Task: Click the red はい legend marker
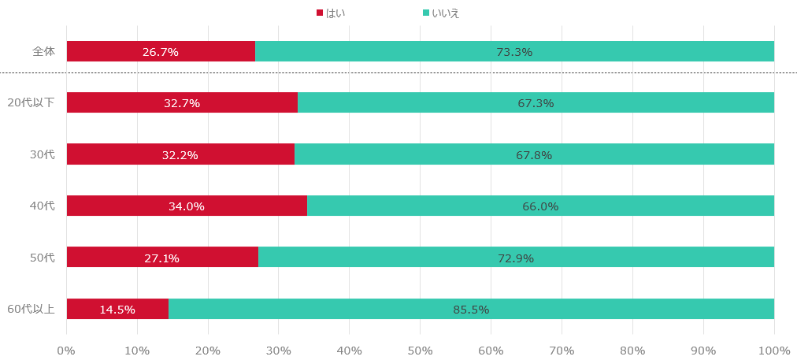(x=320, y=13)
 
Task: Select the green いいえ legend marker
(x=426, y=13)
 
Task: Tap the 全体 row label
(x=44, y=51)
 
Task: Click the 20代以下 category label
(x=31, y=102)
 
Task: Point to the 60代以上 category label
(x=31, y=309)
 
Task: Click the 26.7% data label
(x=160, y=52)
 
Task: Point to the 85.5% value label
(x=471, y=310)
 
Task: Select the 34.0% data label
(x=186, y=206)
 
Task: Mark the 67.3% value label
(x=536, y=103)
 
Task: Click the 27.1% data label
(x=161, y=258)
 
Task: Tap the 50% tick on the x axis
(x=420, y=350)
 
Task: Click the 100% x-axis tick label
(x=773, y=350)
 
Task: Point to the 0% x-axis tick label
(x=67, y=350)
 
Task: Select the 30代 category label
(x=43, y=154)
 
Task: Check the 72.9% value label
(x=516, y=258)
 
